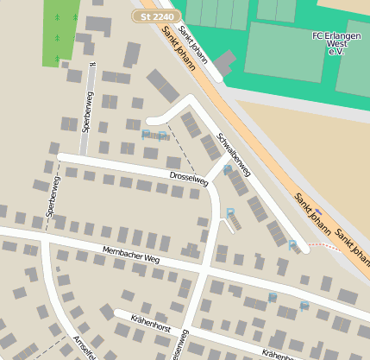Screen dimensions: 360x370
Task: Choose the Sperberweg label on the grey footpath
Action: click(x=87, y=113)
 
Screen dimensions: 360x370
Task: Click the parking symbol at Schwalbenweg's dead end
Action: click(x=292, y=245)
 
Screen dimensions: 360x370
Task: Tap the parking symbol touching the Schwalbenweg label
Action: click(x=227, y=170)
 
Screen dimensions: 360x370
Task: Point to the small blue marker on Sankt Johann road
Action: click(x=318, y=211)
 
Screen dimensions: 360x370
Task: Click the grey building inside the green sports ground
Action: click(x=225, y=62)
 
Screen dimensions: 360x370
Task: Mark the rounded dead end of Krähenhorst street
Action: click(x=120, y=314)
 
